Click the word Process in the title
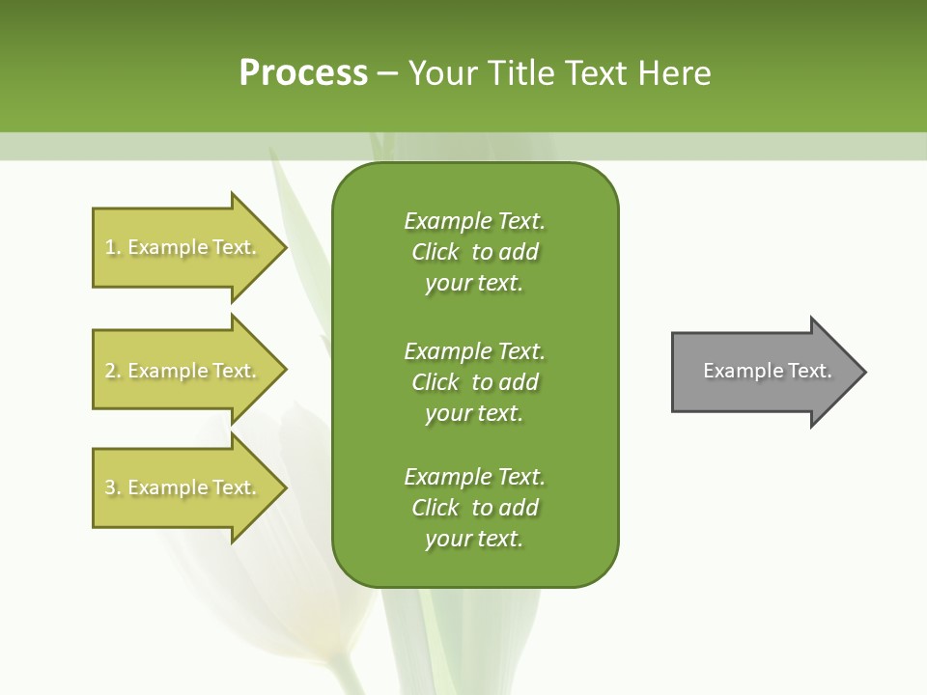pyautogui.click(x=303, y=73)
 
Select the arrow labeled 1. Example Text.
pyautogui.click(x=181, y=247)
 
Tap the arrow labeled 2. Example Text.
pyautogui.click(x=181, y=371)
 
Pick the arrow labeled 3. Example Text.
pyautogui.click(x=181, y=487)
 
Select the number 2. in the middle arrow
pyautogui.click(x=113, y=371)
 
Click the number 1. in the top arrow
pyautogui.click(x=113, y=247)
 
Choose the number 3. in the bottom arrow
pyautogui.click(x=113, y=487)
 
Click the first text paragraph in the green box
pyautogui.click(x=474, y=252)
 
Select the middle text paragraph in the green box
pyautogui.click(x=474, y=382)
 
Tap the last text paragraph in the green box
pyautogui.click(x=474, y=508)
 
